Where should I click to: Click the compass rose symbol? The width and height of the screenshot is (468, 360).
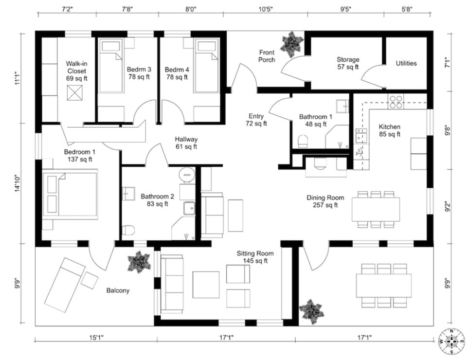pos(451,341)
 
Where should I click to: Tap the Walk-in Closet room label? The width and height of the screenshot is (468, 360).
pos(76,71)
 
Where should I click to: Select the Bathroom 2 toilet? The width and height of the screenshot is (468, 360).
pos(128,231)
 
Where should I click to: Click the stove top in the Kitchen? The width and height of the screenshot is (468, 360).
pos(396,102)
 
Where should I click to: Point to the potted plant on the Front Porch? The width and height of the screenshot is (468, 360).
pos(291,44)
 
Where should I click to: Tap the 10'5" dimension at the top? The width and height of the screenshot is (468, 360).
pos(265,9)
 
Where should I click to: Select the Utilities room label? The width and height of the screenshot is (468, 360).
pos(406,63)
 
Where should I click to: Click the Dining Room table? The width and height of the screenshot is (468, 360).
pos(376,209)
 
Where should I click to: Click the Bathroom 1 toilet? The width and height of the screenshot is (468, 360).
pos(303,141)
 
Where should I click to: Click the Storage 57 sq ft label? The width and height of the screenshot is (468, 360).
pos(348,63)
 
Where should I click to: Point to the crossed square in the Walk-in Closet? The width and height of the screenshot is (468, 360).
pos(74,93)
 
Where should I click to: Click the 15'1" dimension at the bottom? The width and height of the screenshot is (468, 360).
pos(96,338)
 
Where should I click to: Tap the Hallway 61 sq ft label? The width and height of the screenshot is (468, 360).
pos(186,143)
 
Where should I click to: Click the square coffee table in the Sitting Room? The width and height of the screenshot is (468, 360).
pos(206,285)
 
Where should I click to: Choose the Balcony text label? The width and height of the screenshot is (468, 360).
pos(118,290)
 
